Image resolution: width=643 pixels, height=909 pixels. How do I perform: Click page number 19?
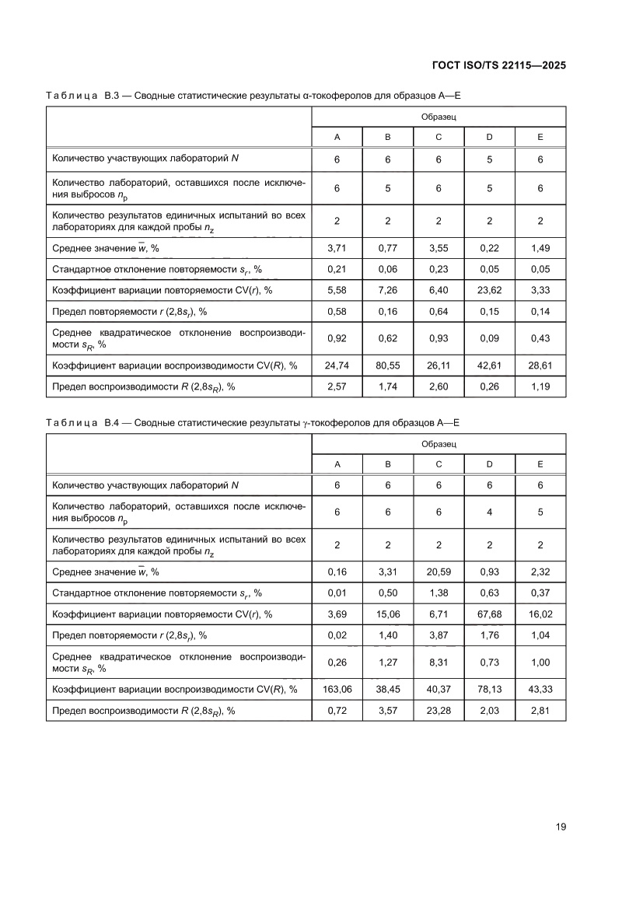coord(560,827)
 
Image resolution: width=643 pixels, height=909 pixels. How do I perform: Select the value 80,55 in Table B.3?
coord(387,365)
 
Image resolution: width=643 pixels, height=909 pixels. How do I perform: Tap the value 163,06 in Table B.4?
coord(337,689)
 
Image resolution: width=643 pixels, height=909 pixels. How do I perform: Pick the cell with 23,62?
coord(489,290)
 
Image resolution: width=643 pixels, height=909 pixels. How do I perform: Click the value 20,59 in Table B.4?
coord(439,572)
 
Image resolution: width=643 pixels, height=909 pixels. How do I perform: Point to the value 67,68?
coord(489,614)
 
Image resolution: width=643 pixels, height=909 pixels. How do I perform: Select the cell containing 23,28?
coord(439,710)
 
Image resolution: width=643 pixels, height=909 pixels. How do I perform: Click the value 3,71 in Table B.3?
coord(337,248)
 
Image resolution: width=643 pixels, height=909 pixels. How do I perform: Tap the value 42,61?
coord(489,365)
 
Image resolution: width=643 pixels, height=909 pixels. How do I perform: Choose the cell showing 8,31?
coord(439,663)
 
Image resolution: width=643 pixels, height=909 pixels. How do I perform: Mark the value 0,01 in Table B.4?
coord(337,593)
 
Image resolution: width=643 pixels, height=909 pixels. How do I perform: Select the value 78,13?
coord(489,689)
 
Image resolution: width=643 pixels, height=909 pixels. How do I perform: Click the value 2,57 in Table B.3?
coord(337,386)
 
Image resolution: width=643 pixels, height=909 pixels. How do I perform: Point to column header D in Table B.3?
coord(489,138)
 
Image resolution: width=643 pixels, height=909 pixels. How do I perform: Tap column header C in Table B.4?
coord(439,464)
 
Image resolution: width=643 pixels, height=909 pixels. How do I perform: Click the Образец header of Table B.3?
coord(439,116)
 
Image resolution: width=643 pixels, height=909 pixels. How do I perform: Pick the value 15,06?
coord(387,614)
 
